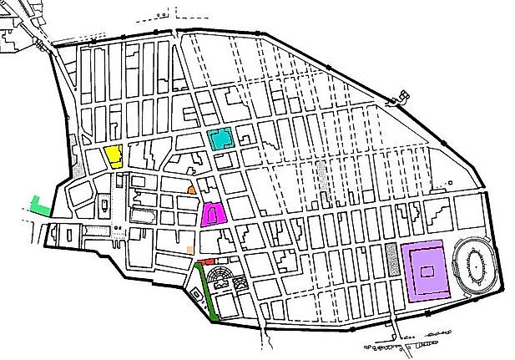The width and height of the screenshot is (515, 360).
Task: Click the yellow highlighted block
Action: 114,156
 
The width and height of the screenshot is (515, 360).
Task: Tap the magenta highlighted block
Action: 213,214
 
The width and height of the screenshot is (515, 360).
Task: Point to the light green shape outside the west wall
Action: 38,205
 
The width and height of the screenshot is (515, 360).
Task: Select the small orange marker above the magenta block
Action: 193,190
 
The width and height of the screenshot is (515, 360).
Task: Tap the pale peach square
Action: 191,248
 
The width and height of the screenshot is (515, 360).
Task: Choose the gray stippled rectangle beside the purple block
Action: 391,260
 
